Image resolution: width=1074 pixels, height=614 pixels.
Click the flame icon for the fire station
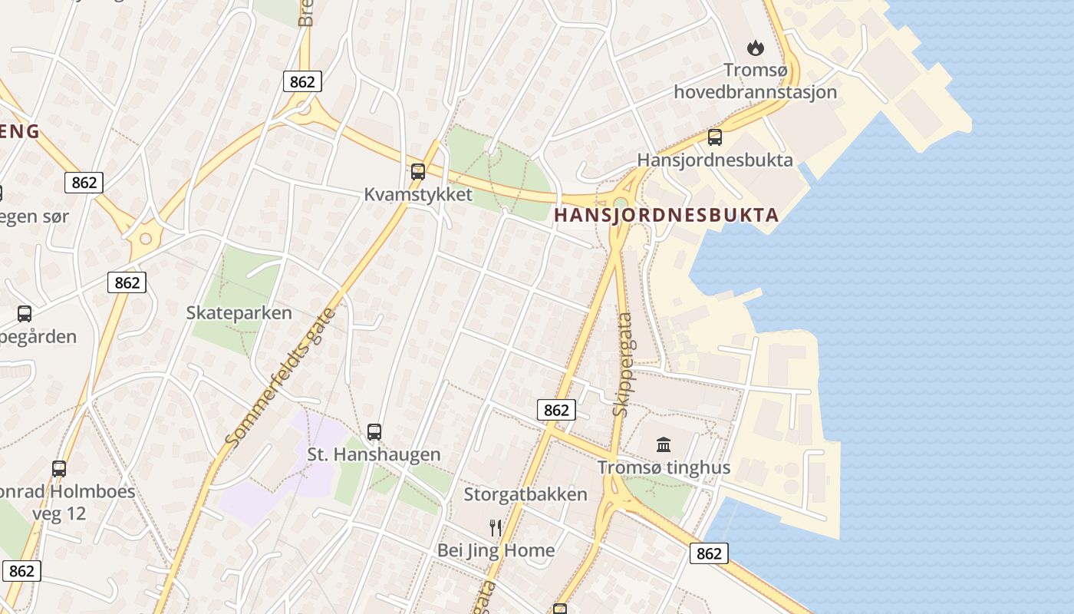pos(756,48)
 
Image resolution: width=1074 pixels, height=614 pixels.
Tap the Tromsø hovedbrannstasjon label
pos(755,81)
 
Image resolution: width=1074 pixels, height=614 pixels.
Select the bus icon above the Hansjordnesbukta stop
pos(715,137)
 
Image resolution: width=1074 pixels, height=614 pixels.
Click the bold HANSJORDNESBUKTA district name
pos(666,215)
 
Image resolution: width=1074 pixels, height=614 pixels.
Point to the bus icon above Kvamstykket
pos(418,171)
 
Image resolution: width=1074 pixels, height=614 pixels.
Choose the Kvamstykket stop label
pos(418,194)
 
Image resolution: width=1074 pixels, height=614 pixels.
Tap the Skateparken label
pos(239,312)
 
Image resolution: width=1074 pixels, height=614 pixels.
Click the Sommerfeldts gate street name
pos(281,378)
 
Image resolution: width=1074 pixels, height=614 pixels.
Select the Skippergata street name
pos(623,364)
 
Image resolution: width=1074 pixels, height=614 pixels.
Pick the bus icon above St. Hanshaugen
pos(374,431)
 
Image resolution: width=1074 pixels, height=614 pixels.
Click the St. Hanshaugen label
pos(374,454)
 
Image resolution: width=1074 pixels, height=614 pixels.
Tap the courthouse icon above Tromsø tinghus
pos(664,444)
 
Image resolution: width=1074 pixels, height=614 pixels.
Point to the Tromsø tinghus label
pos(664,467)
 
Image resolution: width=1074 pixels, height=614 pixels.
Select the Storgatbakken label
pos(525,494)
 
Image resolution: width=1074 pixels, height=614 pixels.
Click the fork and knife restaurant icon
pos(496,527)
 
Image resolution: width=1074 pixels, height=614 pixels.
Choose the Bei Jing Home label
pos(496,550)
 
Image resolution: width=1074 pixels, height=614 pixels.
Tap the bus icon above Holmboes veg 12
pos(59,468)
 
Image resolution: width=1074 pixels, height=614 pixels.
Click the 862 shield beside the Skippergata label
pos(555,410)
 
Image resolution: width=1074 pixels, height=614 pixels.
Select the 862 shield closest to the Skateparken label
pos(127,282)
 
